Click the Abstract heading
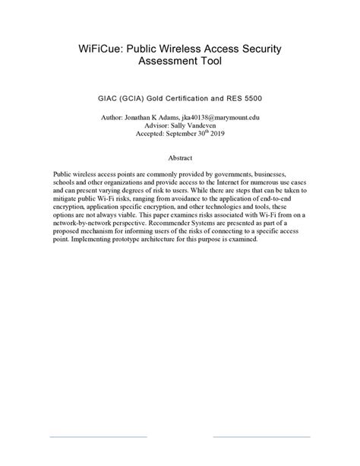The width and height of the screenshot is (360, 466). (179, 158)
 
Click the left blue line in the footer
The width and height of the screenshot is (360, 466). (98, 436)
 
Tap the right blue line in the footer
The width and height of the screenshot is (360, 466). (261, 436)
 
